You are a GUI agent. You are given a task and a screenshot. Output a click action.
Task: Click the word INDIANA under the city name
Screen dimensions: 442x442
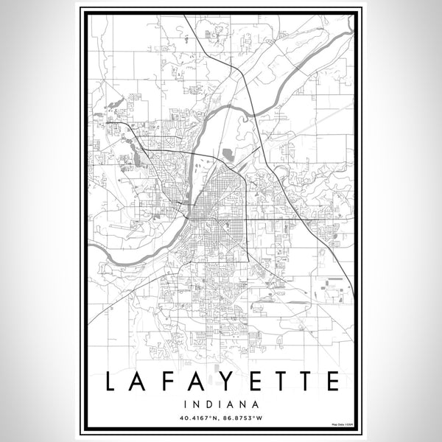[x=221, y=404]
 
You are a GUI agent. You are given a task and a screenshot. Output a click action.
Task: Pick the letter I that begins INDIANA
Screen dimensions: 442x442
[x=191, y=404]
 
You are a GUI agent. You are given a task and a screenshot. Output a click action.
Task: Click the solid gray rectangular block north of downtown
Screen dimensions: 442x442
[x=227, y=155]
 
